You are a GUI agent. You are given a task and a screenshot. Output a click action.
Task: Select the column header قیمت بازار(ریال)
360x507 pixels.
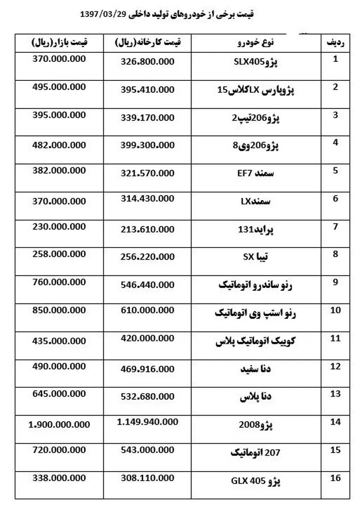[59, 43]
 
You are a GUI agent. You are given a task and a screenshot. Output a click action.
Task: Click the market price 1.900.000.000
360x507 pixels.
[59, 424]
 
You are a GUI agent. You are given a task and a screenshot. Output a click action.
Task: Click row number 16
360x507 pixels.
[335, 479]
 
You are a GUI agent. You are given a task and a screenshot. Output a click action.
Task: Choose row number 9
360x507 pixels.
[335, 282]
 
